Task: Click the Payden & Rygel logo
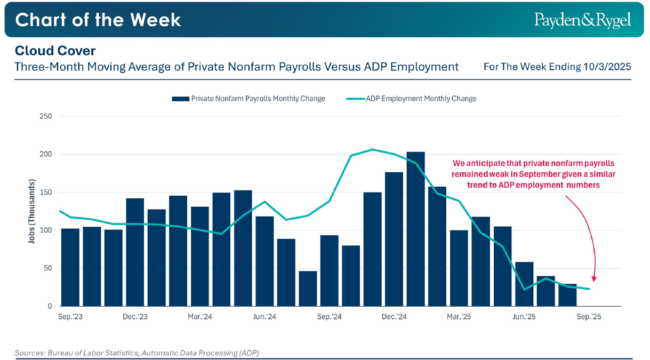point(582,20)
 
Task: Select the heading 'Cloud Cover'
point(55,51)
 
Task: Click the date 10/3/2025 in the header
point(607,67)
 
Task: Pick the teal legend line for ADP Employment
point(355,99)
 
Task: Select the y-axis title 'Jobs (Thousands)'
point(31,211)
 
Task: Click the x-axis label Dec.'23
point(135,317)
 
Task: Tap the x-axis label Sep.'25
point(589,317)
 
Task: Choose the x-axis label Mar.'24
point(200,317)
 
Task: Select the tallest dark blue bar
point(415,229)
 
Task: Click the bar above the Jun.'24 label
point(264,261)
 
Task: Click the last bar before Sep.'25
point(567,295)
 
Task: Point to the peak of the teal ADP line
point(372,149)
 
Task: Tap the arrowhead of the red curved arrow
point(593,278)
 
